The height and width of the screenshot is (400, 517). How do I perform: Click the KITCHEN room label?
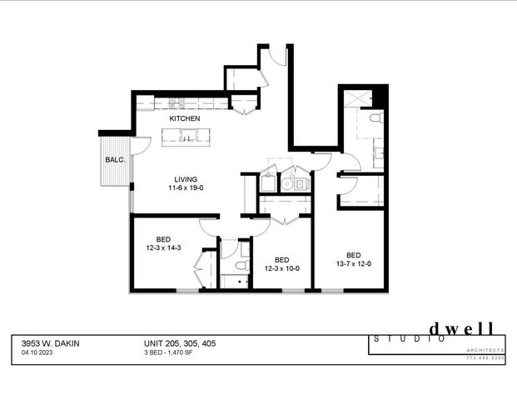coord(185,119)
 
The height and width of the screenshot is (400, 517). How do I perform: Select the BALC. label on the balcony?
coord(115,160)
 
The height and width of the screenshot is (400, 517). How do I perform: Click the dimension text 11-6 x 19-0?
coord(185,188)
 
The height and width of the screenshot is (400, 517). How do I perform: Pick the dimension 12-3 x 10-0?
coord(281,267)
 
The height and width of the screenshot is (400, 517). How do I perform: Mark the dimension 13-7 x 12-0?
coord(353,264)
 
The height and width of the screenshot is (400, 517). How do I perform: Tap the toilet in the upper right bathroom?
coord(375,117)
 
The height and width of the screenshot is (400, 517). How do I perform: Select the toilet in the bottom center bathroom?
coord(240,266)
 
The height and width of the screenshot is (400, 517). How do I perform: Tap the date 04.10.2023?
coord(38,352)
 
